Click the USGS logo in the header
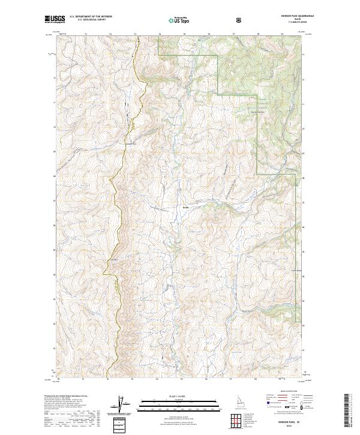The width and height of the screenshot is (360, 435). (x=55, y=20)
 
